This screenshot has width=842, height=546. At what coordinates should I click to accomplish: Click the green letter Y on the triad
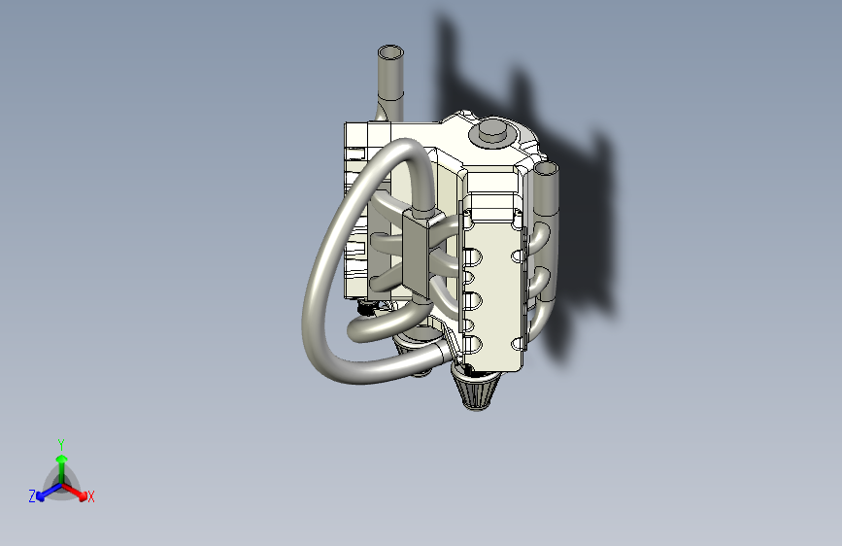click(x=61, y=443)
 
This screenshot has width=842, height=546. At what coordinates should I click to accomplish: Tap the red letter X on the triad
click(x=91, y=497)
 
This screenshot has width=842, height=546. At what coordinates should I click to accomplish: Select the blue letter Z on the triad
click(x=32, y=495)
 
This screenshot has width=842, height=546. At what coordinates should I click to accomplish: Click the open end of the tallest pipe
click(x=390, y=52)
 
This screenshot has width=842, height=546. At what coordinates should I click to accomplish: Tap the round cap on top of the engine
click(x=490, y=131)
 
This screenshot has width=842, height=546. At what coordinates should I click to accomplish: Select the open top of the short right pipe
click(x=546, y=170)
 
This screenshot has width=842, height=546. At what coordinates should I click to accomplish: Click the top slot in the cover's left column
click(x=474, y=256)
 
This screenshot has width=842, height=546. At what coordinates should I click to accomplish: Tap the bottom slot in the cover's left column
click(x=474, y=345)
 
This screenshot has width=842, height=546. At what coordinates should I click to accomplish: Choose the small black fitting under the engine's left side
click(x=367, y=309)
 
